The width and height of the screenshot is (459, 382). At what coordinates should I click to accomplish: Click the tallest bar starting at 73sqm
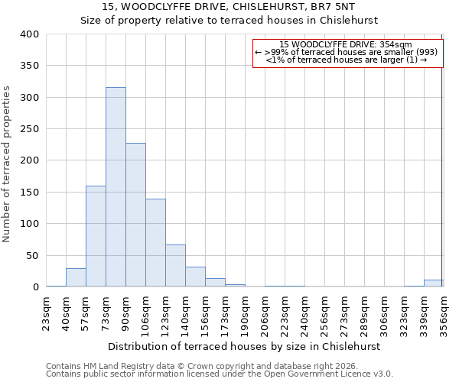[116, 187]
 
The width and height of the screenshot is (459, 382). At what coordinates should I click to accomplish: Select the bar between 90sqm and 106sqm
[135, 215]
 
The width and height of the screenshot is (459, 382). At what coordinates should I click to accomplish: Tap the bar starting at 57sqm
[96, 236]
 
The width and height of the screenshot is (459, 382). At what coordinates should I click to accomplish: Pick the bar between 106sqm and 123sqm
[155, 242]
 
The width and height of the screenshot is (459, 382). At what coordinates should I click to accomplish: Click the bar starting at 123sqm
[175, 266]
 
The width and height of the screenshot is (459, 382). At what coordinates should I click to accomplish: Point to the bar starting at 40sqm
[76, 277]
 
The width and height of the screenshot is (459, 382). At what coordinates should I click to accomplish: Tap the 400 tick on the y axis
[28, 34]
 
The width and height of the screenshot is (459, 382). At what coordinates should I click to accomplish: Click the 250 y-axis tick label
[28, 129]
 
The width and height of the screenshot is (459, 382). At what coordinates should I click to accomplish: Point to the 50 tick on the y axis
[31, 255]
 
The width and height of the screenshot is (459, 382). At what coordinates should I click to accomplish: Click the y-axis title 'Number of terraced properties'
[7, 163]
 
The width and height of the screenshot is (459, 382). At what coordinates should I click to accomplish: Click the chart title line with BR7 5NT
[229, 7]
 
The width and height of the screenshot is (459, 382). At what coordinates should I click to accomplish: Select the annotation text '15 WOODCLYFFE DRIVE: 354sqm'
[346, 44]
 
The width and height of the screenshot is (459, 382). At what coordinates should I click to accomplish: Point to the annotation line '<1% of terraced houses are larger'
[346, 60]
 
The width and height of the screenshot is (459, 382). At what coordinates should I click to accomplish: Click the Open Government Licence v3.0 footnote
[220, 374]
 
